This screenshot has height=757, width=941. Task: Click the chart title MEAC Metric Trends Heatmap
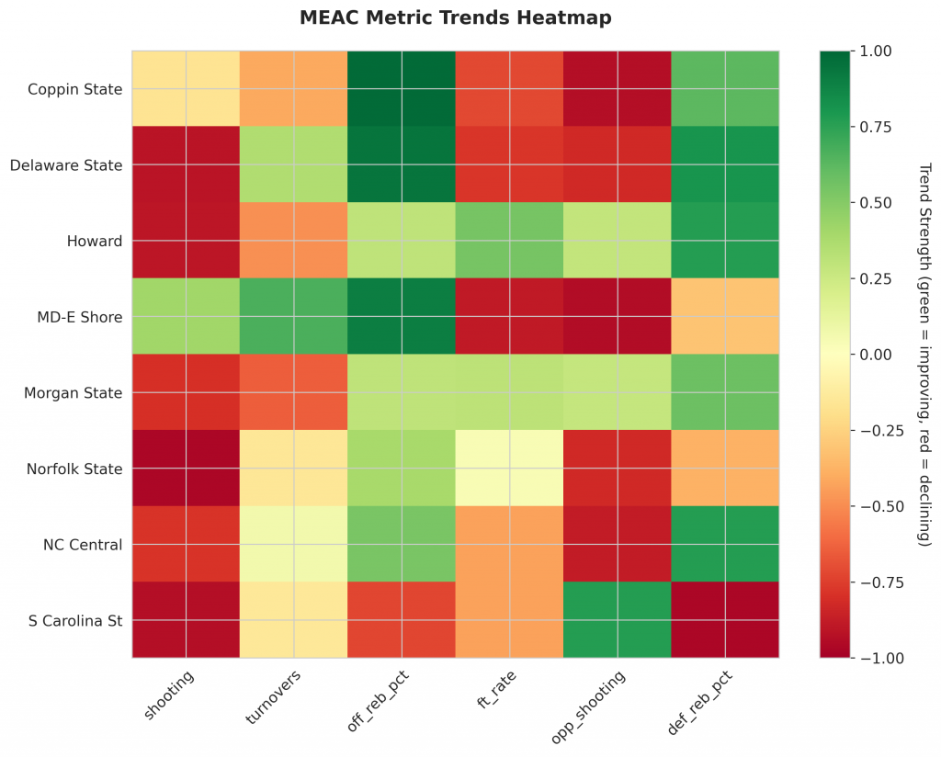click(456, 17)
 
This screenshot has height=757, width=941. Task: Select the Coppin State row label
click(74, 89)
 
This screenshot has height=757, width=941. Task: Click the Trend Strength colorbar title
click(924, 354)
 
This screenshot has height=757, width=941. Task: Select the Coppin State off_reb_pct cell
click(402, 89)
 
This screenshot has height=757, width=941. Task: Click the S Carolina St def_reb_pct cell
click(725, 620)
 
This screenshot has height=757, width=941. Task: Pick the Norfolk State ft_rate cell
click(509, 469)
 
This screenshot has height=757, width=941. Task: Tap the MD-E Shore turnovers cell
click(294, 317)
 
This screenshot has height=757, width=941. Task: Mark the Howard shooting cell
click(186, 241)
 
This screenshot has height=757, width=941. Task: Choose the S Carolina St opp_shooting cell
click(618, 620)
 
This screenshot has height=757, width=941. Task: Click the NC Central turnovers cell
click(294, 544)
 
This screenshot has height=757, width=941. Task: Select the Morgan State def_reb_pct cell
click(725, 392)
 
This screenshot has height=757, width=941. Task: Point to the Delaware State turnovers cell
click(294, 165)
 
